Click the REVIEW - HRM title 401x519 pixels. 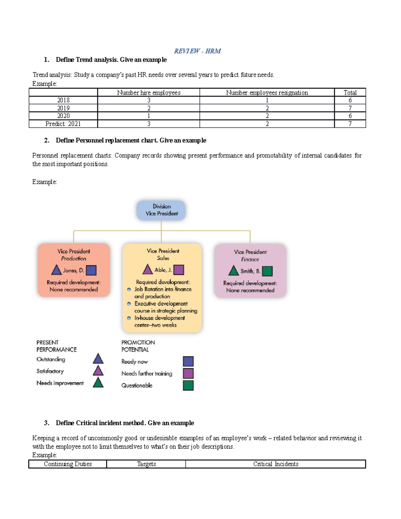click(197, 51)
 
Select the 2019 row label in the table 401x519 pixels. click(63, 108)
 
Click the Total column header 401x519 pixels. click(350, 93)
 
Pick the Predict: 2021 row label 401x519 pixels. click(63, 124)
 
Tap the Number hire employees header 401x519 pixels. click(149, 93)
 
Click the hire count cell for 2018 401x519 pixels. click(149, 100)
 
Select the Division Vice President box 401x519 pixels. click(161, 210)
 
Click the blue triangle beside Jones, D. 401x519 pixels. click(56, 270)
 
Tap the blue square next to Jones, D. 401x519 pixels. click(91, 270)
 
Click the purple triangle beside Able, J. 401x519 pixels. click(147, 269)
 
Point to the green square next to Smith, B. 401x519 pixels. click(267, 271)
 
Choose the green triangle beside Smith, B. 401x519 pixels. click(233, 271)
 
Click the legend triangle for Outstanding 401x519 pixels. click(98, 359)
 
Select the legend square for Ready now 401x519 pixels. click(188, 361)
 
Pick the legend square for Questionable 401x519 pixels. click(188, 385)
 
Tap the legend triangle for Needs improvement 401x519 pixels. click(98, 383)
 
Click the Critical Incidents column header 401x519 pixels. click(276, 464)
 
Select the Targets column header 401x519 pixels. click(146, 464)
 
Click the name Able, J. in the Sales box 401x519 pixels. click(163, 270)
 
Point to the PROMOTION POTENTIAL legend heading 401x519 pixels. click(138, 346)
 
